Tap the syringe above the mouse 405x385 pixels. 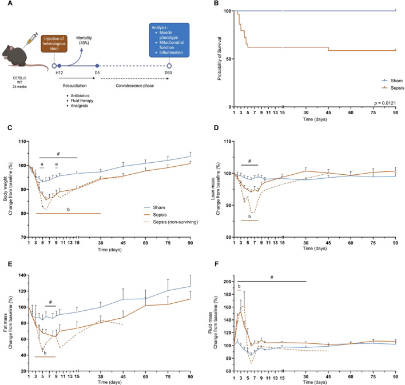(x=30, y=40)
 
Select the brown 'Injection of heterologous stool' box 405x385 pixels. (x=54, y=43)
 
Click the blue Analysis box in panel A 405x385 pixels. (x=169, y=40)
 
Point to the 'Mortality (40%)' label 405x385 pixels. (x=84, y=40)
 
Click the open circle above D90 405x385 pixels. (x=169, y=66)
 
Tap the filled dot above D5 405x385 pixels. (x=97, y=66)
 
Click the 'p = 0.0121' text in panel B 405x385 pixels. (x=385, y=103)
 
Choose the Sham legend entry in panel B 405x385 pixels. (x=392, y=81)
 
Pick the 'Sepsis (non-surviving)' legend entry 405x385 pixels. (x=171, y=222)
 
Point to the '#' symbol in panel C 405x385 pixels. (x=58, y=154)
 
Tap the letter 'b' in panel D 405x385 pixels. (x=249, y=216)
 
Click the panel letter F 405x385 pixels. (x=216, y=264)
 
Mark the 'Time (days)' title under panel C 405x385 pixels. (x=109, y=250)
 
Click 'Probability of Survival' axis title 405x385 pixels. (x=220, y=58)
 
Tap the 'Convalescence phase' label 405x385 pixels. (x=135, y=86)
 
